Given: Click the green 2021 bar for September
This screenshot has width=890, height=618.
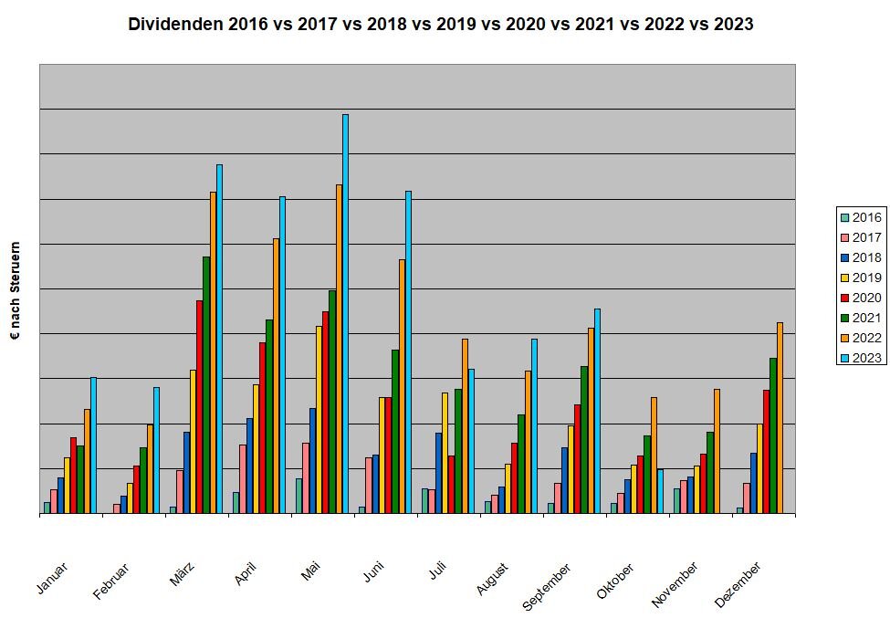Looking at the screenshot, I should pos(584,440).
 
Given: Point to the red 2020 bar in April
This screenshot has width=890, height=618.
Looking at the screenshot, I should pos(262,428).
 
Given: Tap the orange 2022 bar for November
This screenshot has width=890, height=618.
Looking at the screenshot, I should pos(717,451).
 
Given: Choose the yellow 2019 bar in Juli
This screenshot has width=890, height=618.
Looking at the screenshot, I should pos(445,453).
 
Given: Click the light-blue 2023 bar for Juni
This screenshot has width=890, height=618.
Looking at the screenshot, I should pos(408,352).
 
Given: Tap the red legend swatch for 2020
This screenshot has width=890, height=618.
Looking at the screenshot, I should pos(844,298).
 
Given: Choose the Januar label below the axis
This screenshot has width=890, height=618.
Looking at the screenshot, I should pos(52,579).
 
